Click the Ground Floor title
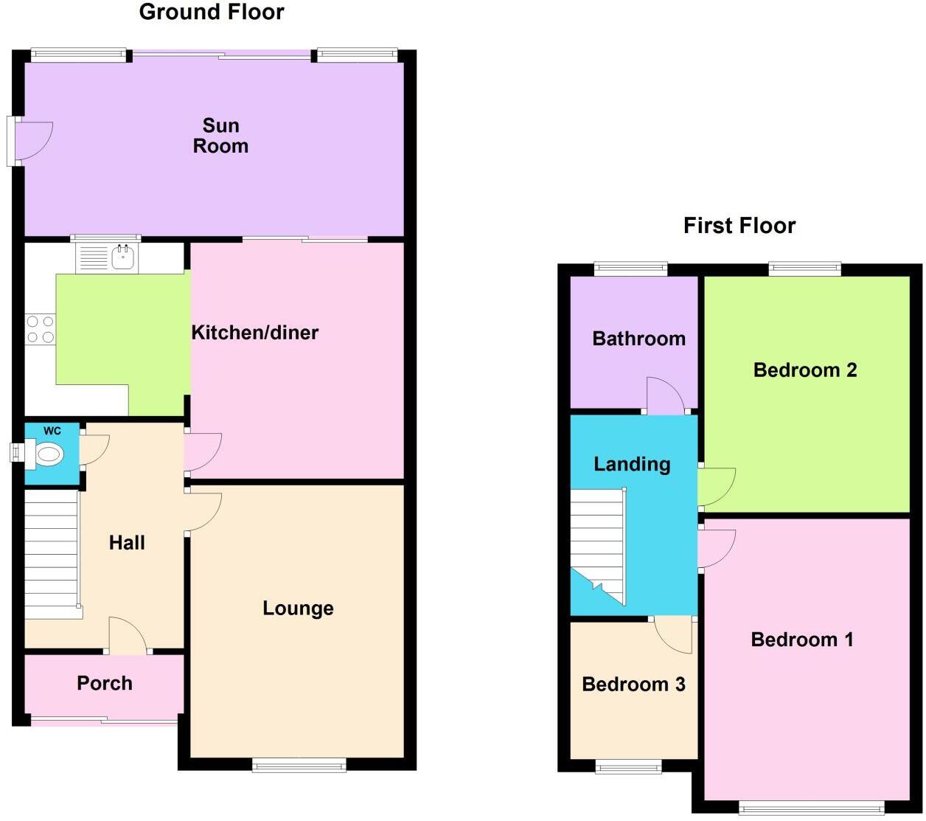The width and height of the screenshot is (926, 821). pyautogui.click(x=212, y=13)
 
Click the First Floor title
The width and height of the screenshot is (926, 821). pyautogui.click(x=739, y=226)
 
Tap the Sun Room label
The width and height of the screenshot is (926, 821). pyautogui.click(x=220, y=136)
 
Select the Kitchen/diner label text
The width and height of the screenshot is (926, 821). pyautogui.click(x=255, y=333)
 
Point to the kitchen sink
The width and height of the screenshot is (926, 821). pyautogui.click(x=122, y=257)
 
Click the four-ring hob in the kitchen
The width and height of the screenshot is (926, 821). pyautogui.click(x=41, y=329)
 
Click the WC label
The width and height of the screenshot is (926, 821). pyautogui.click(x=52, y=431)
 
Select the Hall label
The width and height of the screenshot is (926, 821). pyautogui.click(x=127, y=543)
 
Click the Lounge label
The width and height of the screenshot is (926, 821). pyautogui.click(x=298, y=609)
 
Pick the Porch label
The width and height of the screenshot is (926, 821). pyautogui.click(x=105, y=683)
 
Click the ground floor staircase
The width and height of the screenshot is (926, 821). pyautogui.click(x=52, y=553)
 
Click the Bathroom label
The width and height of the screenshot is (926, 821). pyautogui.click(x=638, y=339)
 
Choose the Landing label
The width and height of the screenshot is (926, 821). pyautogui.click(x=632, y=464)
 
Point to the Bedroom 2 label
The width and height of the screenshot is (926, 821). pyautogui.click(x=805, y=370)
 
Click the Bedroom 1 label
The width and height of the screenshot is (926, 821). pyautogui.click(x=802, y=640)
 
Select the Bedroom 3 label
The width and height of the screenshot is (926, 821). pyautogui.click(x=633, y=685)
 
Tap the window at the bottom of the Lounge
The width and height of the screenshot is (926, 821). pyautogui.click(x=299, y=766)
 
